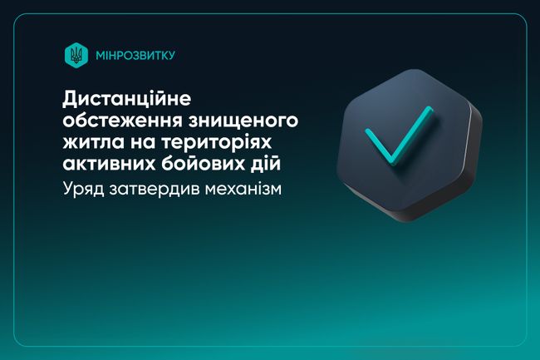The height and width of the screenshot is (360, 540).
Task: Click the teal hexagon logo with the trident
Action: pyautogui.click(x=75, y=56)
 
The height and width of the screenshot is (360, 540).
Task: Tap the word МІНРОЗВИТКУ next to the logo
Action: pyautogui.click(x=124, y=57)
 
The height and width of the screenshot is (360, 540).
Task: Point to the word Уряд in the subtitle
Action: pyautogui.click(x=84, y=190)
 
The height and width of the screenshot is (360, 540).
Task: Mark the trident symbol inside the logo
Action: pyautogui.click(x=75, y=56)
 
